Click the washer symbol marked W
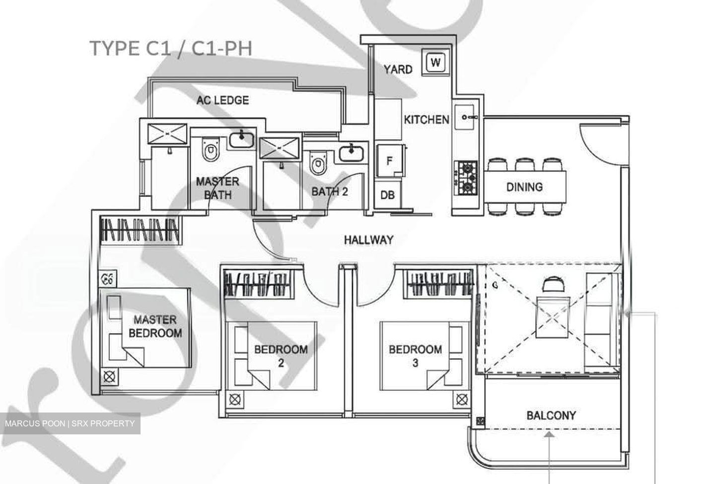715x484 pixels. tap(435, 62)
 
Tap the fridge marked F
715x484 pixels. tap(390, 161)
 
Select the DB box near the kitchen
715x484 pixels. tap(387, 195)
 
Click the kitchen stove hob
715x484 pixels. tap(466, 178)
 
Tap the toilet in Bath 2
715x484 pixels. tap(318, 163)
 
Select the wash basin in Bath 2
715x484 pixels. tap(351, 153)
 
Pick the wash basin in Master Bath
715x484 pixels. tap(242, 139)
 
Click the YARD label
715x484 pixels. tap(398, 69)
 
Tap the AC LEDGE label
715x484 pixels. tap(222, 100)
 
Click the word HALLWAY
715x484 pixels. tap(368, 240)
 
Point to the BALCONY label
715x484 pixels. tap(551, 415)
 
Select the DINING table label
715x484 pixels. tap(524, 187)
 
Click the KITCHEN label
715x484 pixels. tap(427, 120)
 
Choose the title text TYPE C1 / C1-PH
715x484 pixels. tap(171, 49)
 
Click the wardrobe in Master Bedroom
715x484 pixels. tap(140, 230)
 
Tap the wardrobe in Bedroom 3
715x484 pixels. tap(438, 283)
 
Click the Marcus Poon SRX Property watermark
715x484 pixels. tap(70, 423)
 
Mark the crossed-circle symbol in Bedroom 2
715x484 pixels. tap(235, 400)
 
